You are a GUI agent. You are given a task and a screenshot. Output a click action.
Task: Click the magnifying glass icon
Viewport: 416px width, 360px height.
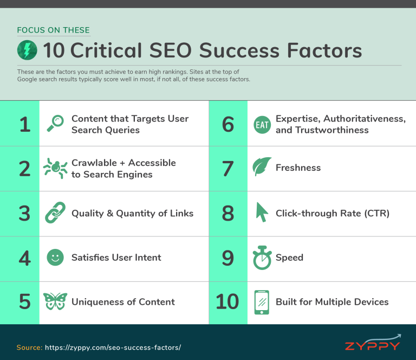click(x=55, y=123)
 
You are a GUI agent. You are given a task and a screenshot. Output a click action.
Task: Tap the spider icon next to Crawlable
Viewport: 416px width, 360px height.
click(x=55, y=169)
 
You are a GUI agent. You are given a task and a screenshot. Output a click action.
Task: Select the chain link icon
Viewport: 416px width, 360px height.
click(x=55, y=213)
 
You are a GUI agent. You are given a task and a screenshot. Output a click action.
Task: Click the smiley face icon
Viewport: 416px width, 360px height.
click(x=55, y=258)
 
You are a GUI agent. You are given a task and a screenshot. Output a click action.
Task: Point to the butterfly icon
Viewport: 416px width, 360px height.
click(x=55, y=301)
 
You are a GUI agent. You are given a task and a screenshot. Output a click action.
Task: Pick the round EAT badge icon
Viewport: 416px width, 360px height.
click(x=262, y=125)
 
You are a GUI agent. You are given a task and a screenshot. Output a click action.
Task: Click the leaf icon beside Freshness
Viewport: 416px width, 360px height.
click(x=262, y=168)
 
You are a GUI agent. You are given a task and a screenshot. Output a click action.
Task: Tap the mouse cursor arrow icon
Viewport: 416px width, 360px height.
click(x=262, y=213)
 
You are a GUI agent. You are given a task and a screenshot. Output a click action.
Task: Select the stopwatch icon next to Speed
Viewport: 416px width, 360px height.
click(x=262, y=258)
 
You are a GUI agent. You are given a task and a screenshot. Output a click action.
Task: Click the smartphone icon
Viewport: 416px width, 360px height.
click(x=262, y=302)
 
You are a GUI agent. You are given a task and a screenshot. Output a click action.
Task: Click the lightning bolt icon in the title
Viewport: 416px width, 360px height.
click(x=27, y=50)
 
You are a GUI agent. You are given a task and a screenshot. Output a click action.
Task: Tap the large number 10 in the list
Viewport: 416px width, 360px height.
click(x=227, y=302)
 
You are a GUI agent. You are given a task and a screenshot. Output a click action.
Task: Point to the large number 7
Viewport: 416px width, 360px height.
click(x=227, y=168)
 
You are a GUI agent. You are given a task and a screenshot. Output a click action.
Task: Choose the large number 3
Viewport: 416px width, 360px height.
click(x=24, y=213)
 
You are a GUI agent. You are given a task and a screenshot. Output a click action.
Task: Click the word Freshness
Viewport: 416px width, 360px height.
click(x=298, y=168)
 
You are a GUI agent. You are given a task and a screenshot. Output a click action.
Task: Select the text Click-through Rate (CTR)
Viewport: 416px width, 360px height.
click(x=332, y=213)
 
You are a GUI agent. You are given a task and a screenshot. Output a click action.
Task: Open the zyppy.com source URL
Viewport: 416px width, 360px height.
click(x=113, y=347)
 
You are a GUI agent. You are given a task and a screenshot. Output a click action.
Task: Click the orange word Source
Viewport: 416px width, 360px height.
click(x=29, y=347)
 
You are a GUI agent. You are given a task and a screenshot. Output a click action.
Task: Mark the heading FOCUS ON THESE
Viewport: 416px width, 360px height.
click(x=53, y=30)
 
